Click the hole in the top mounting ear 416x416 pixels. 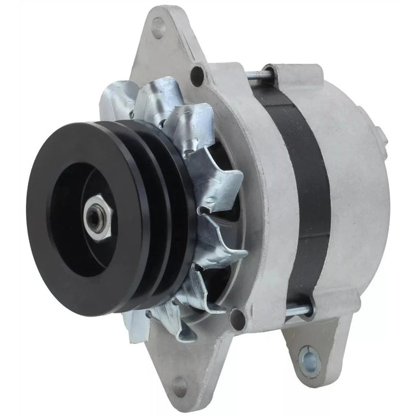coord(157,27)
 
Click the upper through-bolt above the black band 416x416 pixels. coord(260,75)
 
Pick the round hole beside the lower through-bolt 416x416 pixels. coord(239,318)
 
